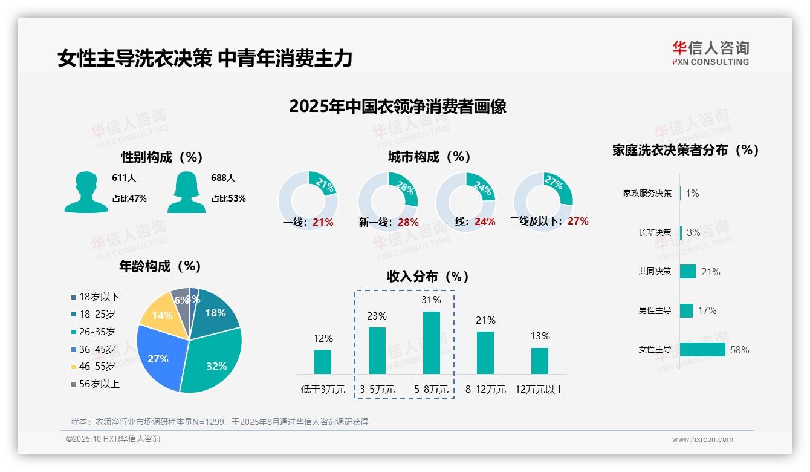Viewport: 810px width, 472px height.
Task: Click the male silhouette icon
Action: click(86, 192)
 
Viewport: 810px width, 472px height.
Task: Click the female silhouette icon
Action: click(186, 192)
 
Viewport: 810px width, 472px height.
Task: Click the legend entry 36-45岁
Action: click(96, 349)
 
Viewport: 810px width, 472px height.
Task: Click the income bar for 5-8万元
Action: click(431, 343)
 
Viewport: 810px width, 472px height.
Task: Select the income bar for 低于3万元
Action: click(323, 361)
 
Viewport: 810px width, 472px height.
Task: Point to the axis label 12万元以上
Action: click(539, 390)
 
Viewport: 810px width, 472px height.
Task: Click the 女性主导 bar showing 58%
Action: click(702, 350)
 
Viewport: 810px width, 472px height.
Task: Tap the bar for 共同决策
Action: click(688, 272)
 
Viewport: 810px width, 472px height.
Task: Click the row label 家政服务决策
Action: click(647, 194)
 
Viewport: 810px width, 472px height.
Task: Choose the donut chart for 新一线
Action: click(387, 201)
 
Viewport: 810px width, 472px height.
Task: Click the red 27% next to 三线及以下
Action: click(578, 221)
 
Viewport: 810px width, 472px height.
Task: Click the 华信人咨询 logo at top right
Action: click(710, 53)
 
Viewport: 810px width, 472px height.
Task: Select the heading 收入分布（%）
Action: click(428, 277)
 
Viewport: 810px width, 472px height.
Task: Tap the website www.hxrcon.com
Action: click(702, 439)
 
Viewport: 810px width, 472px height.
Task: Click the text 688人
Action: click(223, 178)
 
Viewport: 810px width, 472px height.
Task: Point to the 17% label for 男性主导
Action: click(707, 310)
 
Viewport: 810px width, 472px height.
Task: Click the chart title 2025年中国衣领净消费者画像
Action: click(397, 107)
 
